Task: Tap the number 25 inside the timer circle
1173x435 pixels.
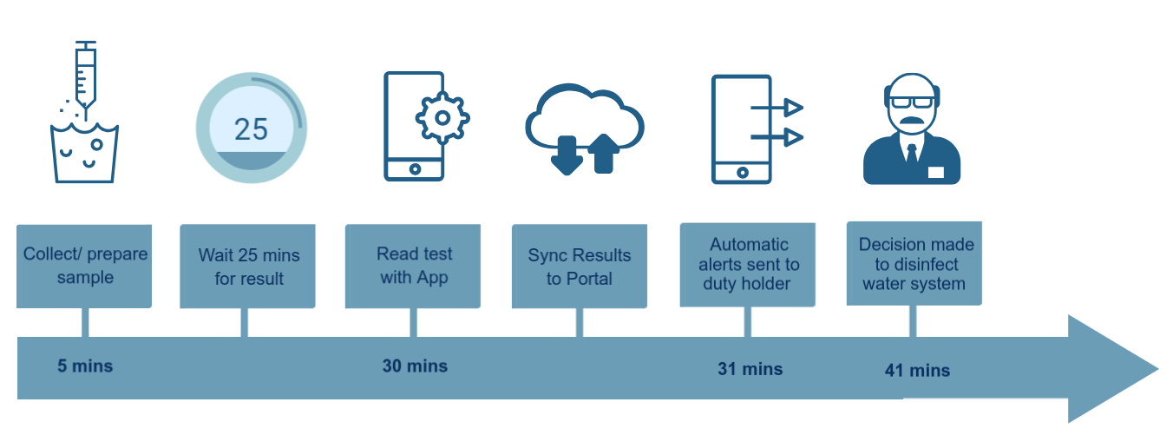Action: click(x=252, y=129)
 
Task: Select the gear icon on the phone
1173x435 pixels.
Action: click(x=442, y=118)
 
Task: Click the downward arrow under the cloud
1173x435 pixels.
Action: click(x=567, y=155)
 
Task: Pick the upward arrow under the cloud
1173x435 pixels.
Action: click(x=604, y=153)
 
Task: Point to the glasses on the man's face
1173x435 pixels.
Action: click(x=912, y=102)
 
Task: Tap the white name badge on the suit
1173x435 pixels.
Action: click(x=936, y=172)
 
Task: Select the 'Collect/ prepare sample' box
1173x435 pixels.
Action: click(x=84, y=267)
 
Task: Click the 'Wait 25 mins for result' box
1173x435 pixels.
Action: click(x=247, y=267)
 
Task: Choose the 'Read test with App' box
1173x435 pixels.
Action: click(x=413, y=267)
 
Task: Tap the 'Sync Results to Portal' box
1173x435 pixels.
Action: click(x=580, y=267)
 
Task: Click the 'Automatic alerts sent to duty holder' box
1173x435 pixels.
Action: click(x=748, y=265)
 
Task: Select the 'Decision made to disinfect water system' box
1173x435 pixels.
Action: click(x=914, y=263)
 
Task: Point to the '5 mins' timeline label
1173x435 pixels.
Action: click(x=85, y=366)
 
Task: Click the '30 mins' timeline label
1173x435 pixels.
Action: click(x=416, y=366)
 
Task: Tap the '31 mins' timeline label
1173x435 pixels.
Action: click(x=750, y=369)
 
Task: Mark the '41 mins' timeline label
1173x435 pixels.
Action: click(x=917, y=371)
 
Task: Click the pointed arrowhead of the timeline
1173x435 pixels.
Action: click(x=1158, y=369)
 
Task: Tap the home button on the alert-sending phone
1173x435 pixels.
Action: click(x=743, y=173)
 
